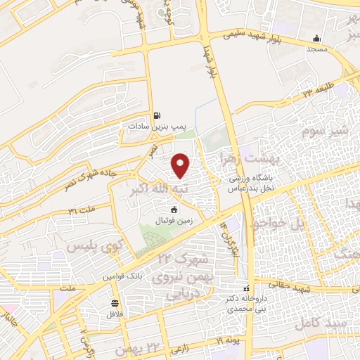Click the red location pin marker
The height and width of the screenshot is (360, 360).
tap(181, 165)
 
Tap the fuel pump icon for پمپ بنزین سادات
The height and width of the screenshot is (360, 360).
tap(156, 115)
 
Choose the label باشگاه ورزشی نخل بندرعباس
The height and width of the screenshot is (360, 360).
tap(253, 184)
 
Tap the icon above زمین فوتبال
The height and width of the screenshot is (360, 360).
tap(174, 209)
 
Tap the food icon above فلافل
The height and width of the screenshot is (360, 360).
tap(115, 303)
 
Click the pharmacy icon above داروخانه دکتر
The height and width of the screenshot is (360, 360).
tap(246, 289)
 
